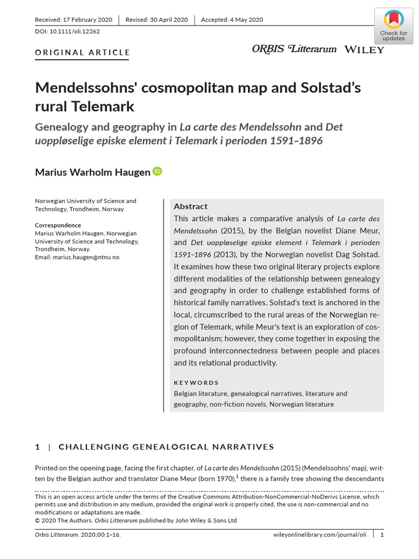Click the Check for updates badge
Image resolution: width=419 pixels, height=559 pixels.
(393, 26)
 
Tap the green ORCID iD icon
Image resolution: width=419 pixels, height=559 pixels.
(158, 171)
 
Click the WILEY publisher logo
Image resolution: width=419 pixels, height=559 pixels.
(364, 50)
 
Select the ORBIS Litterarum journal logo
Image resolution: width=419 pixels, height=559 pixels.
(294, 49)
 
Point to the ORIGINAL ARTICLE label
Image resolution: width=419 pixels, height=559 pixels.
(82, 52)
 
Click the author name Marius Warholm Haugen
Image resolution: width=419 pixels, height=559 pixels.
(92, 173)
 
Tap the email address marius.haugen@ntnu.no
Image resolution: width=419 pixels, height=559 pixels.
(86, 257)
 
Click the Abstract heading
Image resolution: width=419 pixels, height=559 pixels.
(190, 206)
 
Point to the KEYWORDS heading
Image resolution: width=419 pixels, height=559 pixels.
(196, 383)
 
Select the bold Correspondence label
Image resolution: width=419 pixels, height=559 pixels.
(58, 225)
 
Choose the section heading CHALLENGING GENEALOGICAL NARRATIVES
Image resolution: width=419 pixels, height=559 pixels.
(166, 447)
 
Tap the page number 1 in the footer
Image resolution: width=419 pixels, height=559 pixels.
(382, 534)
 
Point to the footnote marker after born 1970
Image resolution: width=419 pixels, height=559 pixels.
(237, 476)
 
